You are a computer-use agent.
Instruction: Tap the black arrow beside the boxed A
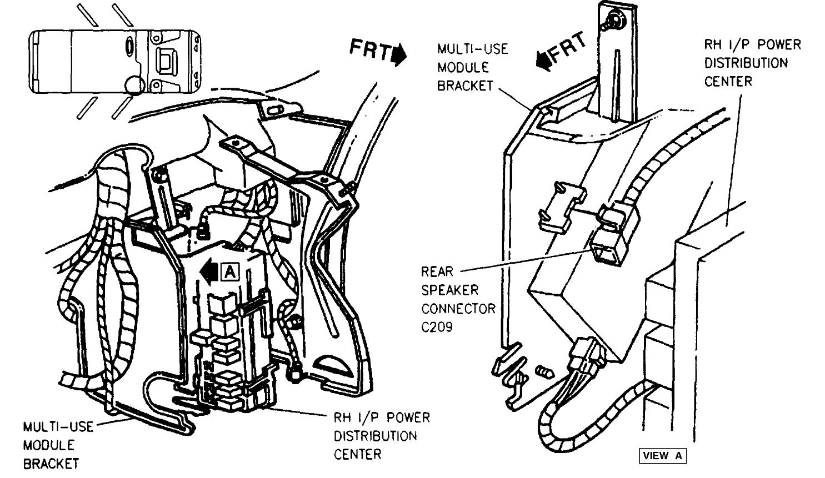(211, 271)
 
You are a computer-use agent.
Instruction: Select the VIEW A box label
(662, 456)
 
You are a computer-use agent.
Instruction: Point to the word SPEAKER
(449, 290)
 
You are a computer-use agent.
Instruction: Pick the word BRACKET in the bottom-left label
(51, 464)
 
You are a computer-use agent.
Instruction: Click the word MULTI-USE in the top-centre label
(472, 49)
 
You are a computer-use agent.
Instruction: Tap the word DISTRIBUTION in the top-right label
(746, 63)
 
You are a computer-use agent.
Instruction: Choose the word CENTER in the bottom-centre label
(357, 455)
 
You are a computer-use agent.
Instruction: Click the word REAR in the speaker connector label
(437, 272)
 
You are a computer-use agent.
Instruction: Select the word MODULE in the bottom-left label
(48, 445)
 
